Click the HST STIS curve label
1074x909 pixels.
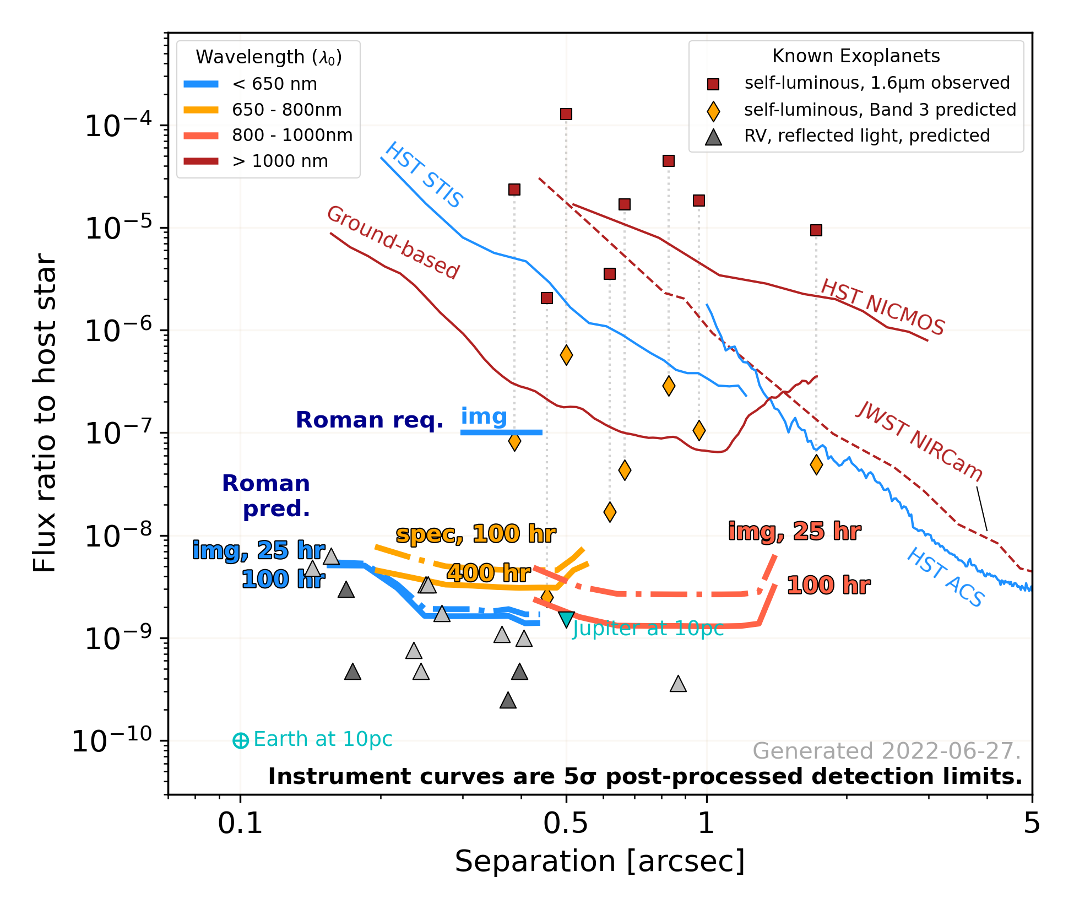(424, 175)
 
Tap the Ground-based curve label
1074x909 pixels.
(393, 242)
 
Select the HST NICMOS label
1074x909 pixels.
(882, 307)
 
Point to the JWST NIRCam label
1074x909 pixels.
(919, 441)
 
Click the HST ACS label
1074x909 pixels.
(945, 577)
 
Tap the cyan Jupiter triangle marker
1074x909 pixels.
(566, 619)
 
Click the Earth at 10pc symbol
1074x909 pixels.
(241, 740)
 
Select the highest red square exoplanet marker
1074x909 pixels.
(566, 114)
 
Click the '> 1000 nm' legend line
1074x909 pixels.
(201, 161)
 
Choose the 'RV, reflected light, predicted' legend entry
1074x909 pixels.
(866, 136)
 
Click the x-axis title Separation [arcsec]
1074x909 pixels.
(599, 861)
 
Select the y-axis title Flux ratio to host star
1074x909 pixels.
(44, 413)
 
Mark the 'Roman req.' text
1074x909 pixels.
(370, 420)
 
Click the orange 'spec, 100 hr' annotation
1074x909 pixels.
(476, 534)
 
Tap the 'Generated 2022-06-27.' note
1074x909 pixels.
(887, 751)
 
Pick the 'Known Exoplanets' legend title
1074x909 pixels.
(856, 56)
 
